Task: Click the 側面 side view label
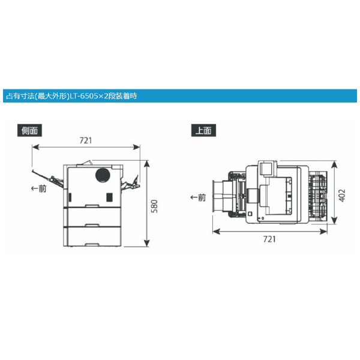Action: click(x=30, y=130)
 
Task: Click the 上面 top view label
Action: click(x=203, y=130)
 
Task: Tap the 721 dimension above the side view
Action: click(x=85, y=140)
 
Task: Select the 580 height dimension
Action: click(x=154, y=206)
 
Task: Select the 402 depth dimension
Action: click(x=341, y=194)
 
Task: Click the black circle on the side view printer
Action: click(x=103, y=176)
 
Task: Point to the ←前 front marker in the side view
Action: click(x=38, y=188)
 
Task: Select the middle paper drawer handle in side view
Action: click(x=92, y=225)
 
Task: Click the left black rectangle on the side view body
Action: click(x=71, y=197)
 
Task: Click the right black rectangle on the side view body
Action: click(x=109, y=197)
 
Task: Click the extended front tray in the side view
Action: click(x=48, y=178)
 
